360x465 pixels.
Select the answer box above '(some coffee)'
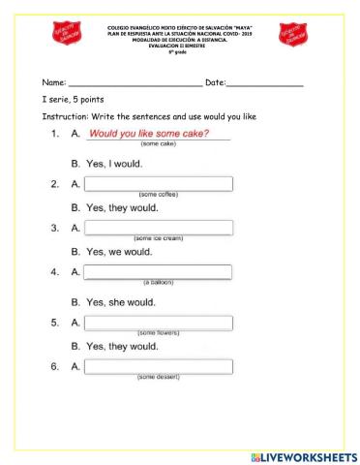point(159,184)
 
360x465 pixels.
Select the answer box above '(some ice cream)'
point(159,228)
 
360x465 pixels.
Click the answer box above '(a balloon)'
point(159,272)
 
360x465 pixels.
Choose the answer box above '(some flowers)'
point(159,322)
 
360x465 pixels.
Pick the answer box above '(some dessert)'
point(159,366)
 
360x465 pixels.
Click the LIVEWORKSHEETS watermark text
point(303,455)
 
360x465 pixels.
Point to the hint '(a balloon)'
point(158,283)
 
